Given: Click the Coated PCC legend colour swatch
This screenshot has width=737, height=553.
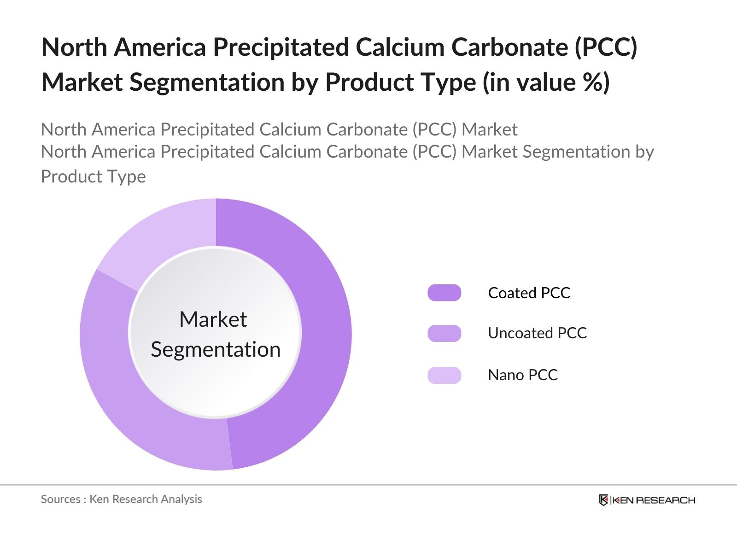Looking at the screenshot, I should pos(444,293).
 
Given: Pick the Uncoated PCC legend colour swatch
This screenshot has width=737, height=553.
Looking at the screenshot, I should pos(444,333).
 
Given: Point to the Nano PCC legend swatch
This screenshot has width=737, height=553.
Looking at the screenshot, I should pos(444,375).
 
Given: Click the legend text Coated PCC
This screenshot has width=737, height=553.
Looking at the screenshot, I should pos(529,293).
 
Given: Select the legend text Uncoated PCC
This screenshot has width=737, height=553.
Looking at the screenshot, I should pos(537,333).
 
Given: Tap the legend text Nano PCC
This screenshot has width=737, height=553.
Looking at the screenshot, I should pos(522,375).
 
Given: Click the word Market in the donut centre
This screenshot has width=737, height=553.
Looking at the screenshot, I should pos(213,319).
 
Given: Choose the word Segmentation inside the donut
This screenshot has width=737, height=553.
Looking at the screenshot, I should pos(216,349).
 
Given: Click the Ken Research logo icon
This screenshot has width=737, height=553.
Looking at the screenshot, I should pos(603,500).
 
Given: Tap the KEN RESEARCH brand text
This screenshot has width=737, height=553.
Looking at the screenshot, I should pos(654,500).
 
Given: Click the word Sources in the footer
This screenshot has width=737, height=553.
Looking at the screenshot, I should pos(60,499).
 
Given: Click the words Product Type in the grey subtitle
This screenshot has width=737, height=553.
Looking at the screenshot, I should pos(93,176).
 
